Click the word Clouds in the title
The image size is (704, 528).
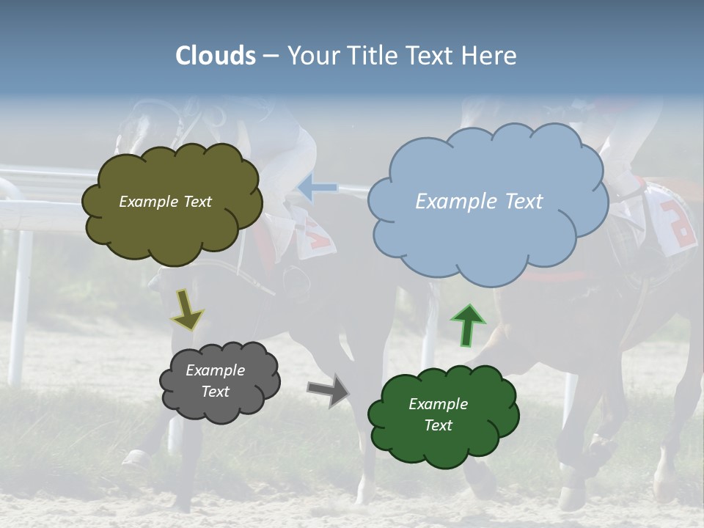[x=216, y=56]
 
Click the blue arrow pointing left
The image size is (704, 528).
[x=317, y=188]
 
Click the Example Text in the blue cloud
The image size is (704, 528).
[x=479, y=202]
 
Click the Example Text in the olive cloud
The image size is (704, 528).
[x=165, y=202]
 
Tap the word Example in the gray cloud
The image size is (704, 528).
[x=215, y=370]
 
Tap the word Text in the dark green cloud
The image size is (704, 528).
[x=438, y=425]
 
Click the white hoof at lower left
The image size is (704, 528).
[x=136, y=461]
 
